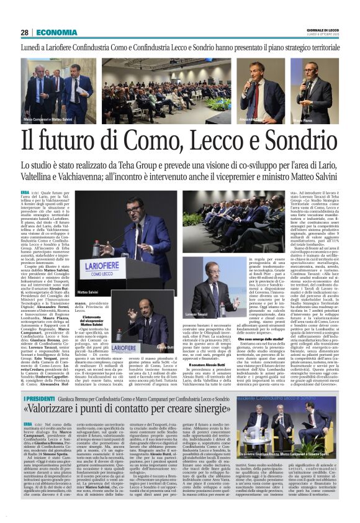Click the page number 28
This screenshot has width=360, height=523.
[24, 32]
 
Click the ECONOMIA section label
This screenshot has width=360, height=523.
[56, 32]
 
